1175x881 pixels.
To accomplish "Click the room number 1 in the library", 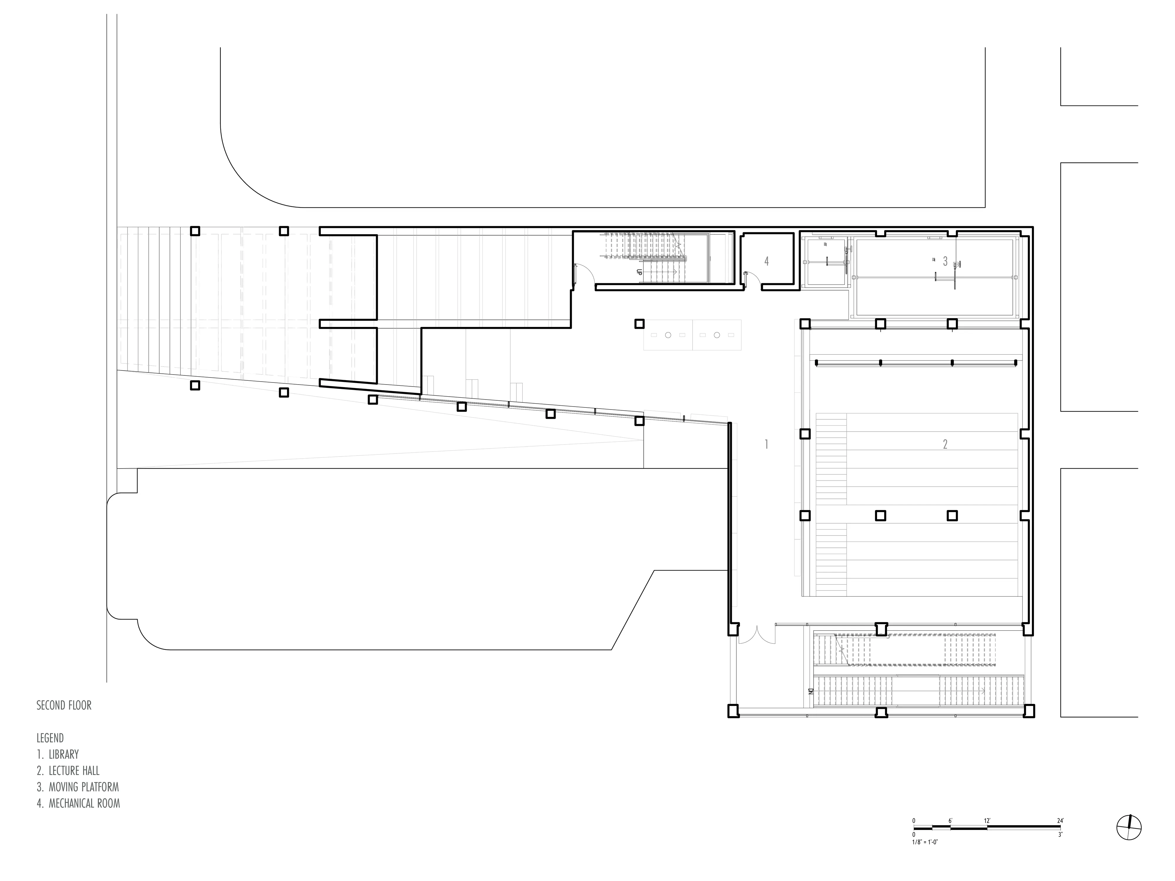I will click(x=766, y=444).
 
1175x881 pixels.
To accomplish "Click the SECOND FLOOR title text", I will click(x=64, y=706).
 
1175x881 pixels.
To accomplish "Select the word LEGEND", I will click(x=50, y=738).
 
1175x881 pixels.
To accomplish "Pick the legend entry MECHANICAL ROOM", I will click(x=78, y=803).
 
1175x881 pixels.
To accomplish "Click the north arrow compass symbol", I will click(x=1129, y=827).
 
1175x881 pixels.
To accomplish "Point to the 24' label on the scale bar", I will click(x=1060, y=820).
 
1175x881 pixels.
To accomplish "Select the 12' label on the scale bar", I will click(x=987, y=820).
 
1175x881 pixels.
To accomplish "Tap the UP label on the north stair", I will click(x=640, y=271).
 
